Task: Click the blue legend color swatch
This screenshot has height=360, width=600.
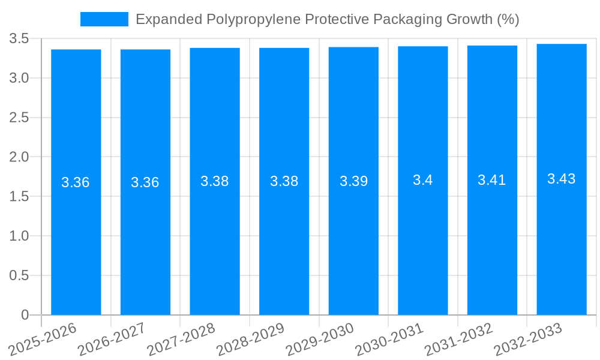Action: [x=104, y=19]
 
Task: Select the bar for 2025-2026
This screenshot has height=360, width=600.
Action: [x=76, y=240]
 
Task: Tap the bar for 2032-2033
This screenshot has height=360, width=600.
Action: [x=562, y=240]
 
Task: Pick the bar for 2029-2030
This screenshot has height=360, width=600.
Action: [x=353, y=240]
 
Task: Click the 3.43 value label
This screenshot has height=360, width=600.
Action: [x=562, y=179]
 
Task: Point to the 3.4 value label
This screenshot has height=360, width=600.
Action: [x=422, y=180]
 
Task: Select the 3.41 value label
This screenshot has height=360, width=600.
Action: [x=492, y=180]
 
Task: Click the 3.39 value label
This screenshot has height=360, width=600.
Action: [x=353, y=181]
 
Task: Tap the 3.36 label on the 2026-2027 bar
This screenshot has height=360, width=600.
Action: [x=145, y=182]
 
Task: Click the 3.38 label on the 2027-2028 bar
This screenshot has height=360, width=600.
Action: [x=215, y=181]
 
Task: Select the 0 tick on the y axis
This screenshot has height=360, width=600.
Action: [x=25, y=315]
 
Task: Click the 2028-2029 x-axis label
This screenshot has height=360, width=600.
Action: [x=251, y=339]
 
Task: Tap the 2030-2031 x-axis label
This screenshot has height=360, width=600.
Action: [x=390, y=339]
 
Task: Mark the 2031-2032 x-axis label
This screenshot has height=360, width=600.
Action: [x=459, y=339]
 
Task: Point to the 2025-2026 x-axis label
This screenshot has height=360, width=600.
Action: [x=43, y=339]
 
